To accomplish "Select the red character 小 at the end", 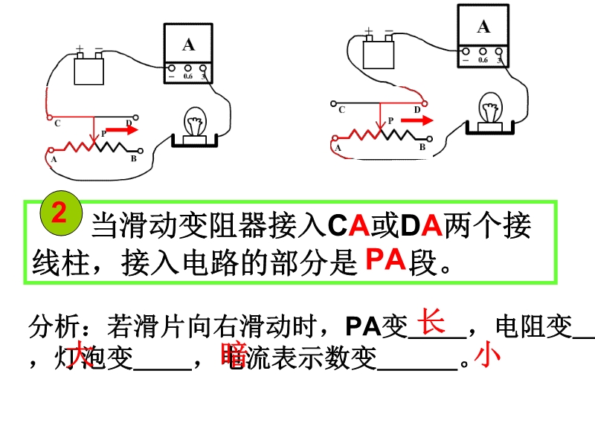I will [x=488, y=356].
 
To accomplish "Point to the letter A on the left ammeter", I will [x=188, y=45].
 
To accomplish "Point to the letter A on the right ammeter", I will [x=483, y=28].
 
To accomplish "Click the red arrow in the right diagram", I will [x=411, y=119].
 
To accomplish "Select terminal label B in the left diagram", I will [x=133, y=158].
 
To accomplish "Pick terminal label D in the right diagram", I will [x=416, y=109].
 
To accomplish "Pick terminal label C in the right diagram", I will [x=341, y=111].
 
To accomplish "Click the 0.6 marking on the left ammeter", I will [x=188, y=76].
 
